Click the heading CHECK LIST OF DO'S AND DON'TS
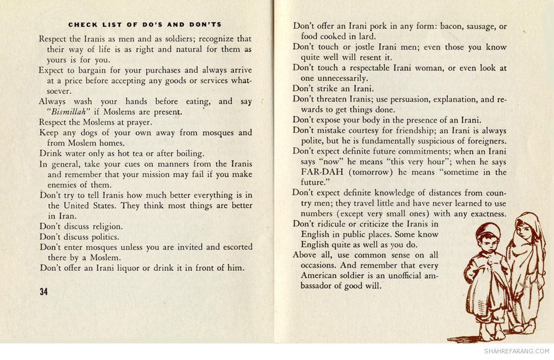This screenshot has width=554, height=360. (x=145, y=24)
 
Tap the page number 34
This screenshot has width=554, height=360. (x=44, y=292)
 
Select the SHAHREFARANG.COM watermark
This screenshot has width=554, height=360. (x=516, y=351)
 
